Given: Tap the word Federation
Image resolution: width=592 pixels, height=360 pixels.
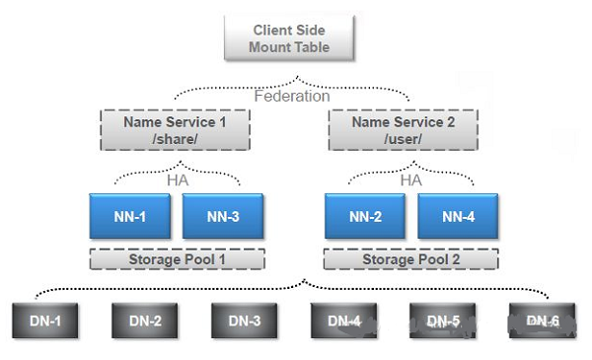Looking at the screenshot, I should (x=291, y=97).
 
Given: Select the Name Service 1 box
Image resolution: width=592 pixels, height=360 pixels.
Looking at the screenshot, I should (x=175, y=129).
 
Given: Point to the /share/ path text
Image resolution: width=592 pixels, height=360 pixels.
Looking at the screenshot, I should (x=175, y=139).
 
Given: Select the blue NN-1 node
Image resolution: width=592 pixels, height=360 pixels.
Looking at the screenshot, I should (x=129, y=216).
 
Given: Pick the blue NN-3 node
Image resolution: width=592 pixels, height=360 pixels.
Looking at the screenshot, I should (x=224, y=216).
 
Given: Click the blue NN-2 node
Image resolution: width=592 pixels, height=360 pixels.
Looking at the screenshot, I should (x=365, y=216).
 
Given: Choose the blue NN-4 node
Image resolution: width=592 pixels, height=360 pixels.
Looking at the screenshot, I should (x=458, y=216).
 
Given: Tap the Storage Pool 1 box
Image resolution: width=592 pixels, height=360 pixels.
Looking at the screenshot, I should (x=177, y=260).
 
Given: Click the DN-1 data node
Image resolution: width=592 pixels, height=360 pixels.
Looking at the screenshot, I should (x=45, y=321).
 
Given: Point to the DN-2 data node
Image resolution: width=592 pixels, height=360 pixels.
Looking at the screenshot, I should (x=144, y=321).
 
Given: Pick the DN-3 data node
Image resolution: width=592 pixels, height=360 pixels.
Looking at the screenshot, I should (x=245, y=321).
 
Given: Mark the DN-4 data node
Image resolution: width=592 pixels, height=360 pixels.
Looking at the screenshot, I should (x=344, y=321).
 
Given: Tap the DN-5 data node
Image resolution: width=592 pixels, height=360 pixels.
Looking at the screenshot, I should (x=443, y=321).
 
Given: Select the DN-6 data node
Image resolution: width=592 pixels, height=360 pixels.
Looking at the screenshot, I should (x=543, y=321).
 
